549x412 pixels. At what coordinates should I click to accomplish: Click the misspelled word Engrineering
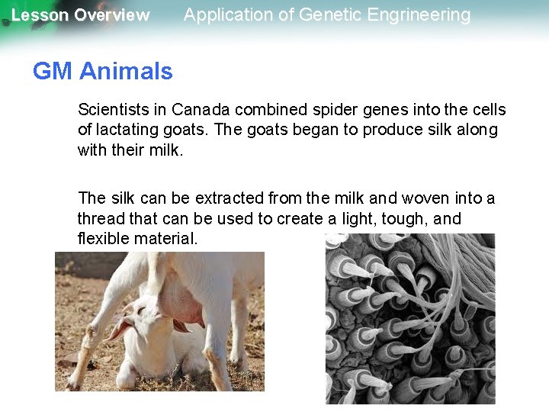click(424, 14)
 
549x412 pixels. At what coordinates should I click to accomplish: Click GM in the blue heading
click(51, 72)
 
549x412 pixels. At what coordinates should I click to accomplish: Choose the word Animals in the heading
click(126, 72)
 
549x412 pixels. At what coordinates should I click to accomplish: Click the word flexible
click(104, 239)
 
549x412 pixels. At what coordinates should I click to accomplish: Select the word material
click(165, 239)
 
